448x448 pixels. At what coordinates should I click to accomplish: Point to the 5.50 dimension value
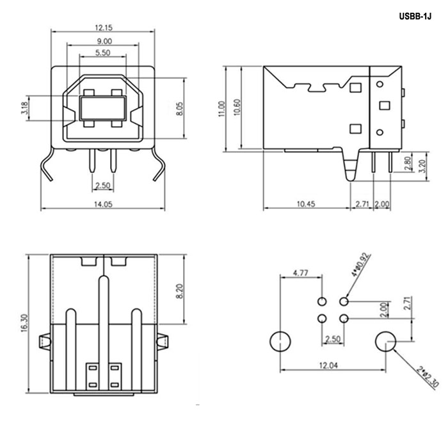102,52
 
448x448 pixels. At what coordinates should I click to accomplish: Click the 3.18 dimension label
24,109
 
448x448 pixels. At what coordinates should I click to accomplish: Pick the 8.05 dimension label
180,108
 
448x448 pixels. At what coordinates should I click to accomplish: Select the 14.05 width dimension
102,205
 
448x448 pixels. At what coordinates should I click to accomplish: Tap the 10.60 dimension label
237,108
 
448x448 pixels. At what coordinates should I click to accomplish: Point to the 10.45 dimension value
306,205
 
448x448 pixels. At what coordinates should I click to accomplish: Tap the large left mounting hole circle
280,342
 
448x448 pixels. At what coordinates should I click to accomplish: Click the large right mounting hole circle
385,342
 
